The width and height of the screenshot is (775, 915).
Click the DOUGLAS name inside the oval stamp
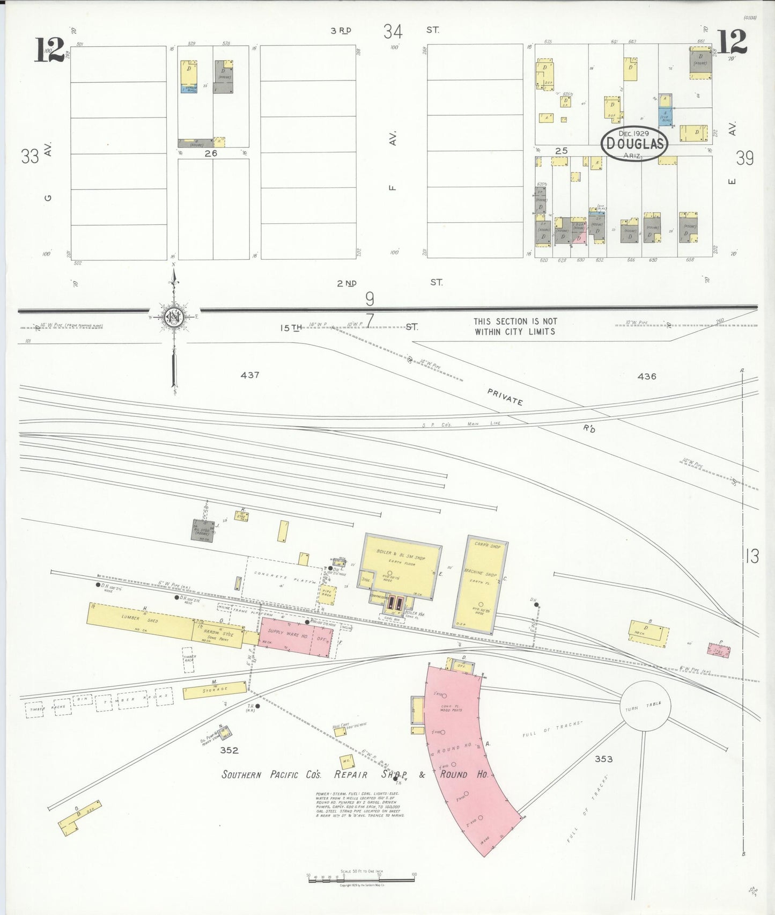pyautogui.click(x=635, y=144)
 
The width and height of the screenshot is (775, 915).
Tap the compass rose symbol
pyautogui.click(x=174, y=317)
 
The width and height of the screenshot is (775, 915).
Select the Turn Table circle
pyautogui.click(x=645, y=707)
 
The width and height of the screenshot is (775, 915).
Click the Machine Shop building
pyautogui.click(x=481, y=585)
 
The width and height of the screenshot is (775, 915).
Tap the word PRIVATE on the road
pyautogui.click(x=505, y=397)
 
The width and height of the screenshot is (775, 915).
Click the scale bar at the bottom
pyautogui.click(x=361, y=879)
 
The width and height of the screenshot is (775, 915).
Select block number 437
pyautogui.click(x=250, y=375)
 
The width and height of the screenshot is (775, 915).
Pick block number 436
pyautogui.click(x=647, y=376)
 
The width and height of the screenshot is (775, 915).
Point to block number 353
pyautogui.click(x=603, y=759)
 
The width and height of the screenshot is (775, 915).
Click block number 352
pyautogui.click(x=229, y=750)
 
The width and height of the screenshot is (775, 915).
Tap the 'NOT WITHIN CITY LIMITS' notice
pyautogui.click(x=515, y=326)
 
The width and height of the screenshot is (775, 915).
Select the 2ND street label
pyautogui.click(x=347, y=283)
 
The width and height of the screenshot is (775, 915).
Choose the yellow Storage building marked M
pyautogui.click(x=215, y=690)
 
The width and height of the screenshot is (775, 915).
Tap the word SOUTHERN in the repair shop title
pyautogui.click(x=241, y=774)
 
